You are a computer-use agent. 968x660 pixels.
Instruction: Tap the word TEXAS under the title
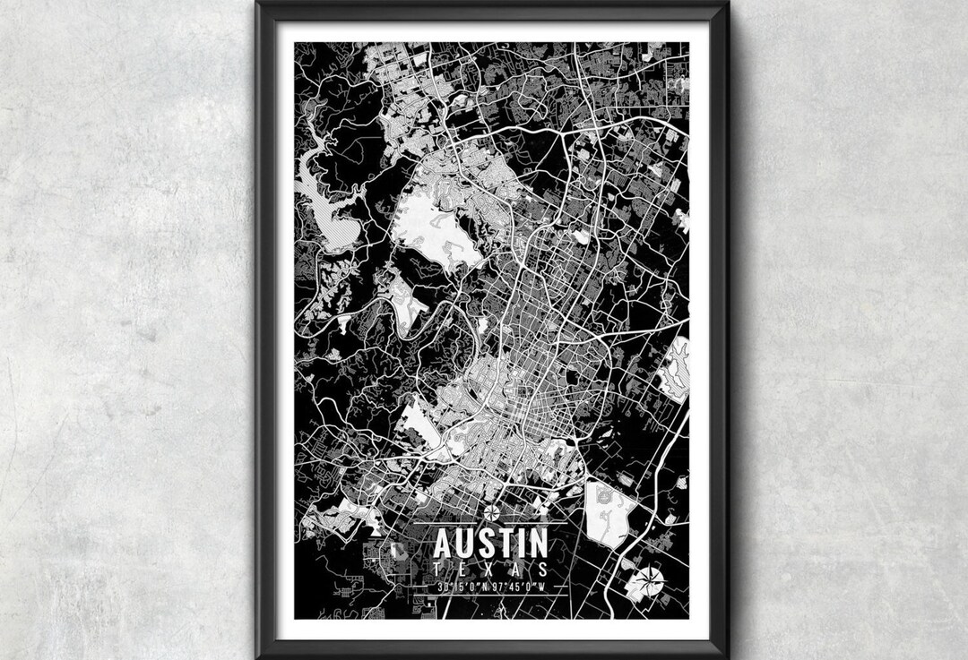490,570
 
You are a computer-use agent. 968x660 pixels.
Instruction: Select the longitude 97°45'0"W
519,587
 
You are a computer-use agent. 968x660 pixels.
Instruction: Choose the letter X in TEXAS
490,570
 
